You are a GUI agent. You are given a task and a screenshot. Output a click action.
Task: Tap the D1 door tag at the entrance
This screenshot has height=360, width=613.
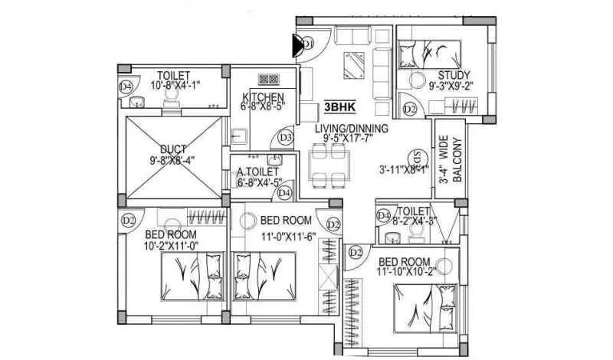(308, 44)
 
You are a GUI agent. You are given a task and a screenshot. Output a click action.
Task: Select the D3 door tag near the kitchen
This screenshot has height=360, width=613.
(286, 138)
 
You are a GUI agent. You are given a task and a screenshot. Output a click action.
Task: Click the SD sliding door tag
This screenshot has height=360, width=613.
(417, 155)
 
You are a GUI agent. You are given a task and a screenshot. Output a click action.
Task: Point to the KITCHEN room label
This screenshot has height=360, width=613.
(263, 97)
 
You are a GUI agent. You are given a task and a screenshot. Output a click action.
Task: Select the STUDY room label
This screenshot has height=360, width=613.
(454, 75)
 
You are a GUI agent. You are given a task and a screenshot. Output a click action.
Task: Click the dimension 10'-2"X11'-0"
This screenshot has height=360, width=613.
(172, 245)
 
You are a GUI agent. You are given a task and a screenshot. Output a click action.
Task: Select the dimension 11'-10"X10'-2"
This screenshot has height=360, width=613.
(409, 271)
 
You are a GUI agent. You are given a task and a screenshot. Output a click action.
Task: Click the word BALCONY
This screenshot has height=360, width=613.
(457, 160)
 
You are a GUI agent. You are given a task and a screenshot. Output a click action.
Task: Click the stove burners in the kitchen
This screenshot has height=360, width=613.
(268, 79)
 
